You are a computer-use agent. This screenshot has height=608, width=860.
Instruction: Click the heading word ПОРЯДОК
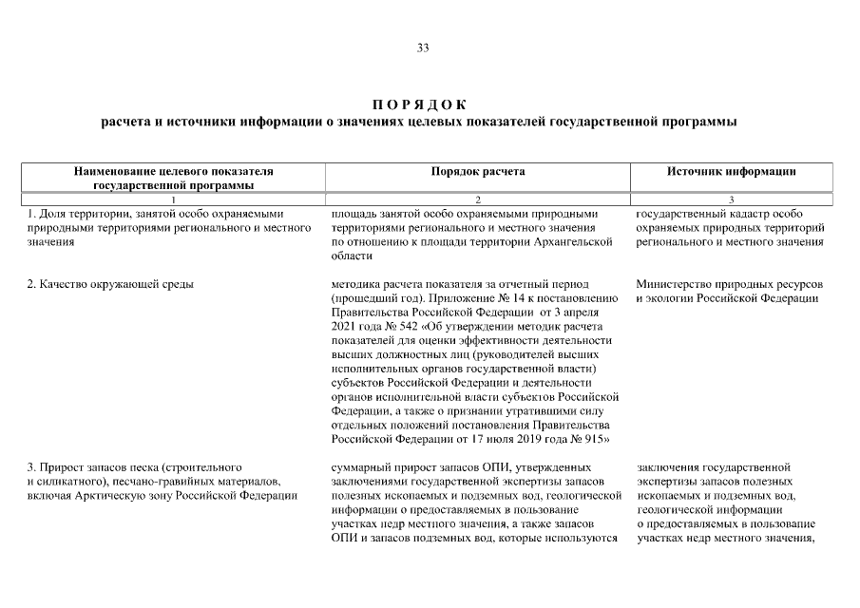(418, 104)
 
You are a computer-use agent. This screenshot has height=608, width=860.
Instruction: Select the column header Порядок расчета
(478, 172)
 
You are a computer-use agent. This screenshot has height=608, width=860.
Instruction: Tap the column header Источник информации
(732, 172)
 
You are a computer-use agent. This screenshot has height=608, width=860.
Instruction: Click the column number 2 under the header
(478, 199)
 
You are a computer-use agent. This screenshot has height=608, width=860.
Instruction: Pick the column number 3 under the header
(732, 199)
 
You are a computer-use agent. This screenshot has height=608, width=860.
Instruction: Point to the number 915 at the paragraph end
(591, 440)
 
